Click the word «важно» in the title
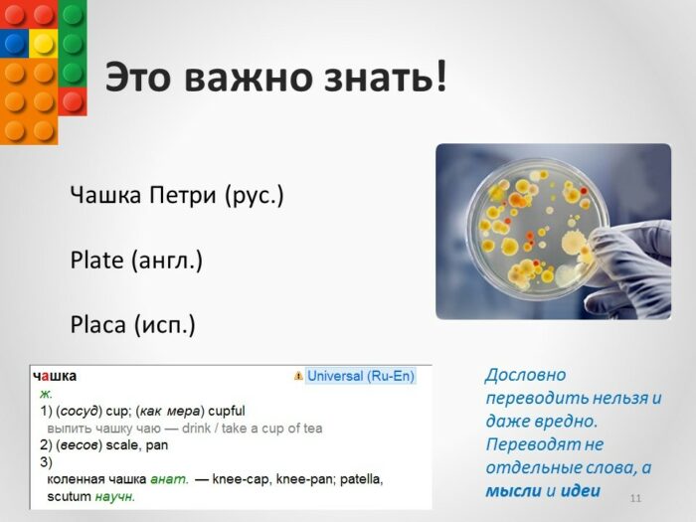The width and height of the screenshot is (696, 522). point(248,77)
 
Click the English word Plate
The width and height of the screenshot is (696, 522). point(96,260)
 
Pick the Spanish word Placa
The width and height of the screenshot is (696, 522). point(98,324)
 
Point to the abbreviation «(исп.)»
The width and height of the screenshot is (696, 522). point(164,325)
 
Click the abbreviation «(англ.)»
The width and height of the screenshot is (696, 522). point(166,261)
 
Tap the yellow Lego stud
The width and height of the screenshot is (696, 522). point(43,43)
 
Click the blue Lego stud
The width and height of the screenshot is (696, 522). point(14,43)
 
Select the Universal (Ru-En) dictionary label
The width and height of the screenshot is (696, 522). point(360,376)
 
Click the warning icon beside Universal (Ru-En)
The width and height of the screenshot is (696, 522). point(298,376)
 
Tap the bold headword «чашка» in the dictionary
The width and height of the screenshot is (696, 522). point(55,376)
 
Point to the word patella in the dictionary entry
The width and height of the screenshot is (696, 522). point(361,479)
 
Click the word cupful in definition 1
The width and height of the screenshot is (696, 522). point(227,411)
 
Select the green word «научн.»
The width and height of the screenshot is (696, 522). point(114,497)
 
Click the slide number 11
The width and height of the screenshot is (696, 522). point(635,498)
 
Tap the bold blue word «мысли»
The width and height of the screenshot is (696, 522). point(514,491)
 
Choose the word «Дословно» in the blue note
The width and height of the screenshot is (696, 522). point(526,375)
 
